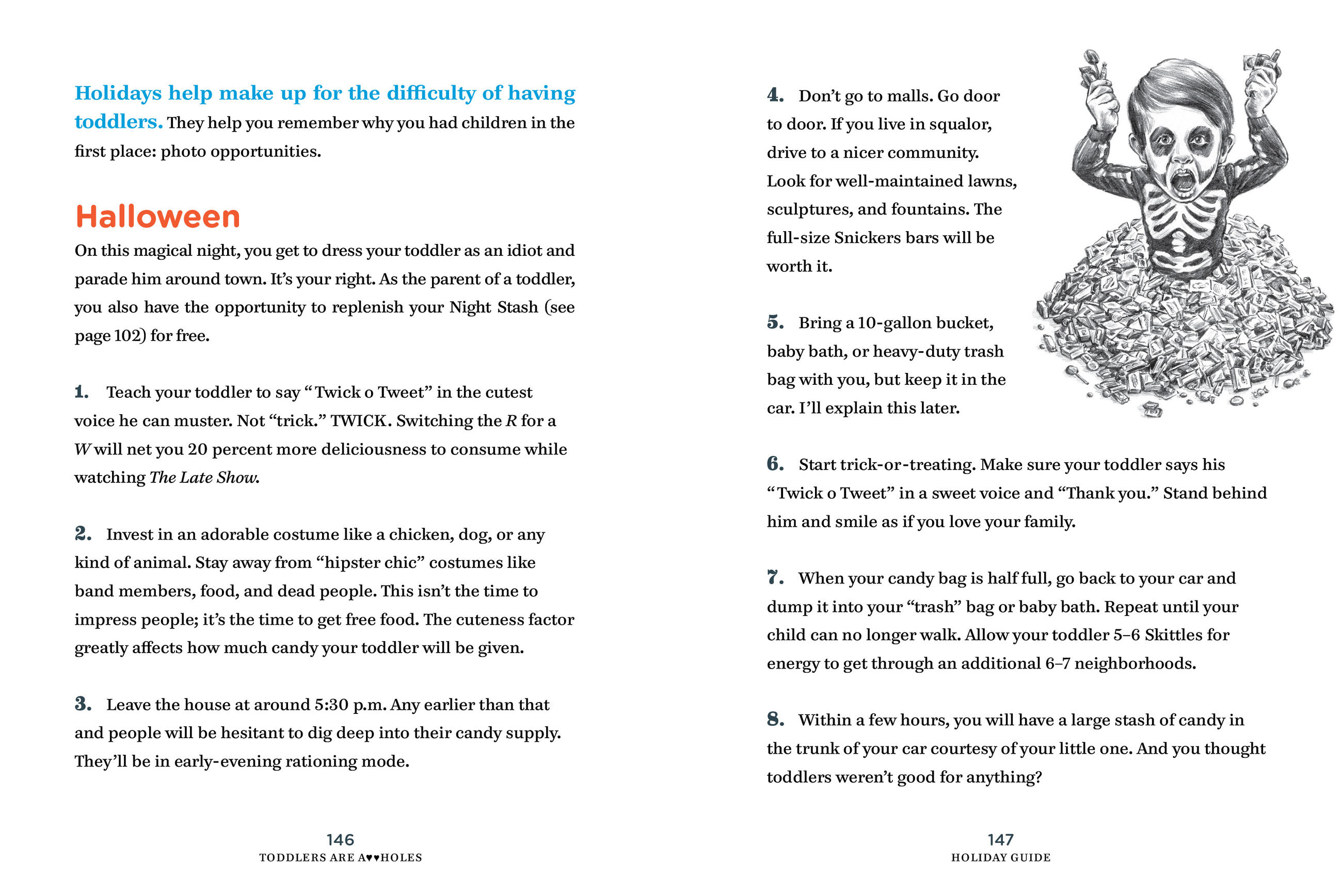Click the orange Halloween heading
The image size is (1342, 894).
(x=157, y=217)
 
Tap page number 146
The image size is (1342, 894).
(x=340, y=839)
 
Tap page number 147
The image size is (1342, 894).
(x=1000, y=839)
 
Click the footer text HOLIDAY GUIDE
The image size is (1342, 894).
(x=1000, y=857)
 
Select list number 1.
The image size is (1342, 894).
(x=82, y=392)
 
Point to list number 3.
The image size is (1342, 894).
(x=83, y=704)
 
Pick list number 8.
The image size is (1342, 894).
(x=775, y=719)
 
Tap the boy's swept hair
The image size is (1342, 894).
(x=1175, y=91)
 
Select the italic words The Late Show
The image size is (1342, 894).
(x=204, y=477)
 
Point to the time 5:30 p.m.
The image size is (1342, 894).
(x=349, y=705)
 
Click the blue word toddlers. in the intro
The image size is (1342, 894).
(x=119, y=122)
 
